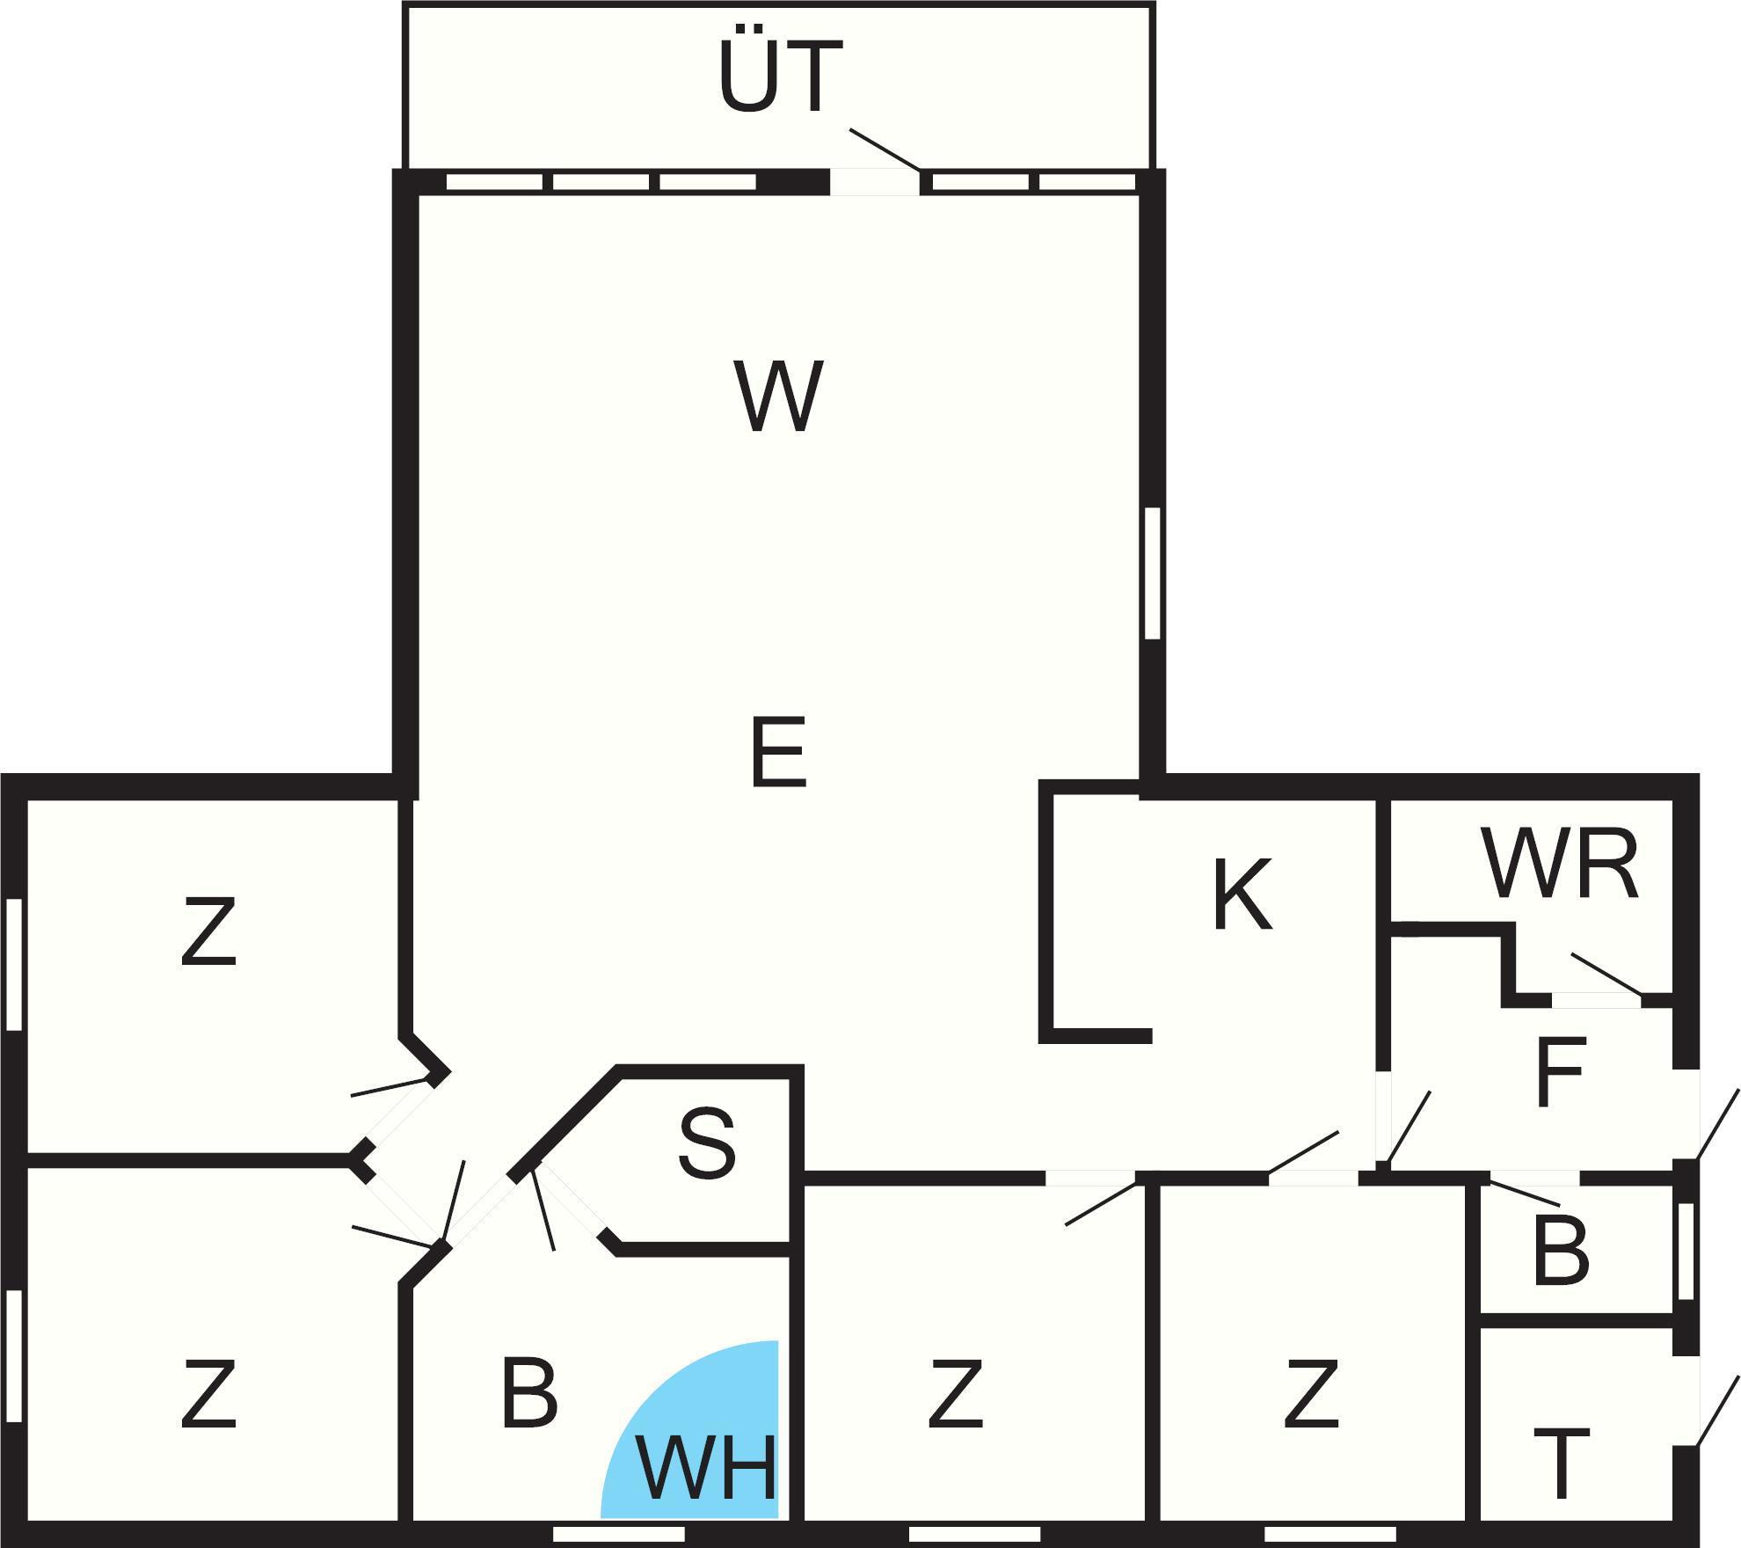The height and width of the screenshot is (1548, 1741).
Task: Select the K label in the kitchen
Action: tap(1242, 894)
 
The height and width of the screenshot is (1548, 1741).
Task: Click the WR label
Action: tap(1560, 865)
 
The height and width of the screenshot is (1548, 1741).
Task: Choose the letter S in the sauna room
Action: tap(707, 1144)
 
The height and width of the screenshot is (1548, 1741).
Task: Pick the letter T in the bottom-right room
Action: tap(1561, 1464)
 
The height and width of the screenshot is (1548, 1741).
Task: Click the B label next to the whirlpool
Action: tap(528, 1394)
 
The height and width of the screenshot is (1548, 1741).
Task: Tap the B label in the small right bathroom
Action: tap(1561, 1252)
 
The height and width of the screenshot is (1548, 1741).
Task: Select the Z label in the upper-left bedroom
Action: tap(208, 931)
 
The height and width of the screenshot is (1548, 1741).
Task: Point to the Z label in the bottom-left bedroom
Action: tap(208, 1394)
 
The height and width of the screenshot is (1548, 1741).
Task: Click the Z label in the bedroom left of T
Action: tap(1311, 1394)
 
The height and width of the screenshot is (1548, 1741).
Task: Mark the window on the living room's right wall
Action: tap(1152, 573)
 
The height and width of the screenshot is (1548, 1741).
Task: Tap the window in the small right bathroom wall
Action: tap(1685, 1252)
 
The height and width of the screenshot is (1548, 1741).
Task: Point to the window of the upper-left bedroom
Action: tap(13, 964)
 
